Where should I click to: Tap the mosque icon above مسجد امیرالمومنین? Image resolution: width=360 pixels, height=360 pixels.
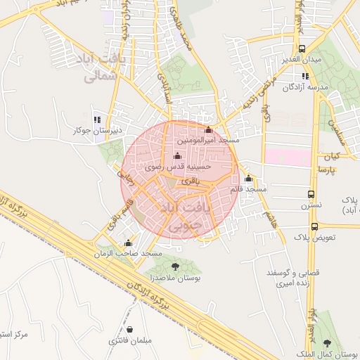point(207,129)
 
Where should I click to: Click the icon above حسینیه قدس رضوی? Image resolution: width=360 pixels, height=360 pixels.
point(176,156)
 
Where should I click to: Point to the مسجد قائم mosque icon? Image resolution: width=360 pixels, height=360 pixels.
point(247,178)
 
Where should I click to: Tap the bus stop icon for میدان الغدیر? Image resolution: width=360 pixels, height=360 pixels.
point(302,49)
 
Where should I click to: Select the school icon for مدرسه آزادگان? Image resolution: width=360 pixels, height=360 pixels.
point(305,76)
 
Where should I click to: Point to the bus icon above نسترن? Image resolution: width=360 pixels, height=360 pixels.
point(311,194)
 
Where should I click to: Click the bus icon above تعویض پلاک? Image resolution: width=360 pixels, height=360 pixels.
point(314,226)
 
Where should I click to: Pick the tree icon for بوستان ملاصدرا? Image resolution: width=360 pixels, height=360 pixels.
point(175,266)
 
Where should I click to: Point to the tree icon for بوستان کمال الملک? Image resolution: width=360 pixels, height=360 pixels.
point(327,343)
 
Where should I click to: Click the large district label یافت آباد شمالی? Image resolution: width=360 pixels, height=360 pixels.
point(103,69)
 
